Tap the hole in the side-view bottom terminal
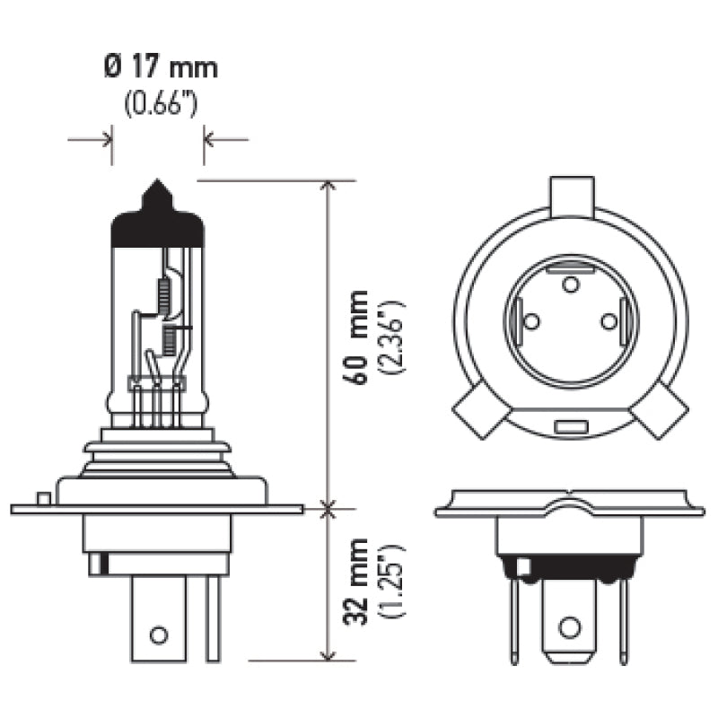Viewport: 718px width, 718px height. pyautogui.click(x=158, y=635)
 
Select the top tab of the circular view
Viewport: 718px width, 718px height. pyautogui.click(x=573, y=195)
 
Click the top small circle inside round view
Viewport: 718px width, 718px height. pyautogui.click(x=570, y=285)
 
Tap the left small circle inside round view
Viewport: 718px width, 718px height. pyautogui.click(x=530, y=320)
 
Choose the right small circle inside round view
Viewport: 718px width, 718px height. pyautogui.click(x=609, y=320)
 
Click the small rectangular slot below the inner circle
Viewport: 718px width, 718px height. pyautogui.click(x=570, y=427)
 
